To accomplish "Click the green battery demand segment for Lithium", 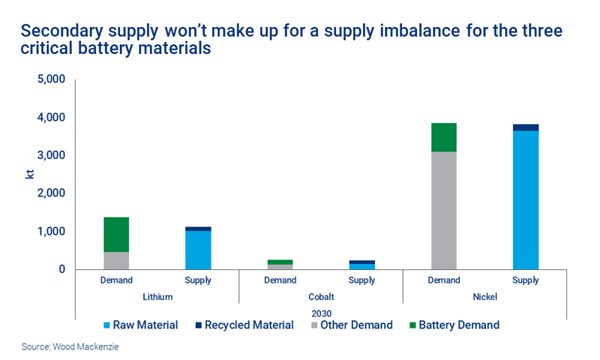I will (116, 234).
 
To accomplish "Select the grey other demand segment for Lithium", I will (116, 260).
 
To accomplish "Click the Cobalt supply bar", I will (361, 265).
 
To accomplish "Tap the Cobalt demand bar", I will (280, 265).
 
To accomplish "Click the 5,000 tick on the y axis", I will (51, 79).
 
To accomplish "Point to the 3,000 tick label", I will (51, 155).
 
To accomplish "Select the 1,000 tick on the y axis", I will (51, 232).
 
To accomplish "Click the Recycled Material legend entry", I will (244, 325).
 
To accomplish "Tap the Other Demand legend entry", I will (351, 325).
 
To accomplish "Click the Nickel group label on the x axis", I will (484, 296).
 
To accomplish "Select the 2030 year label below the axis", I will (320, 311).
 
